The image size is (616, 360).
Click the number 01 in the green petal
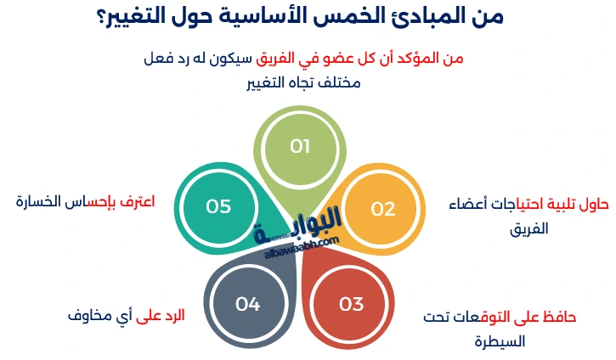point(300,147)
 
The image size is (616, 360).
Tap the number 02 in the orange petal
point(383,209)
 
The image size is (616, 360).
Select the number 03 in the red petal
point(351,304)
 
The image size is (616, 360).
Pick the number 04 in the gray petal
point(247,304)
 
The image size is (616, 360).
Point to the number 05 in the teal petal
point(218,206)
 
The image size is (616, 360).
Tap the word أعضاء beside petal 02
point(469,205)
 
